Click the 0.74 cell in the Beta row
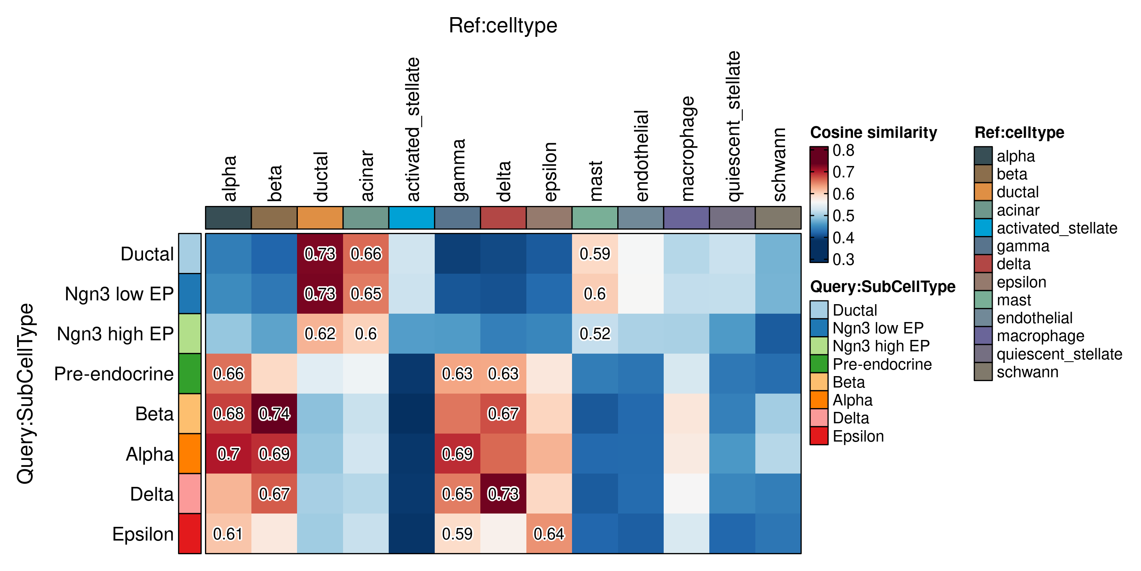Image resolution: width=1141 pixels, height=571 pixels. point(274,414)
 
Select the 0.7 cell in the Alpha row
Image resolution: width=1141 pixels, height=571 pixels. point(229,453)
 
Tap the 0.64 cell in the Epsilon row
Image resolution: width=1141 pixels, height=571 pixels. point(549,534)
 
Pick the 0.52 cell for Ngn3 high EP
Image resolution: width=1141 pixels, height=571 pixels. point(595,333)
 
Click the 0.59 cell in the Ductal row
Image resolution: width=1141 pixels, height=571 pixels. point(595,254)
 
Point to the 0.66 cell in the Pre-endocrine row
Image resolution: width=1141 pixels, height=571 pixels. point(229,374)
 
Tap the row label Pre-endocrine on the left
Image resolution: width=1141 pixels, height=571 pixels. point(114,374)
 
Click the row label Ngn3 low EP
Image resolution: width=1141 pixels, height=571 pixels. point(119,294)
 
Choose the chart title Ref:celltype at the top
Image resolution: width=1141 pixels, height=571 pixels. point(503,25)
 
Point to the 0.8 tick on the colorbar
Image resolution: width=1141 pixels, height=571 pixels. point(843,150)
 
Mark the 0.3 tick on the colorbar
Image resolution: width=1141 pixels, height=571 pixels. point(843,259)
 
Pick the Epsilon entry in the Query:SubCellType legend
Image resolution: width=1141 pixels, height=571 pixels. point(858,436)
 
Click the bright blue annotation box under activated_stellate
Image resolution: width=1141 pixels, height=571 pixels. point(412,218)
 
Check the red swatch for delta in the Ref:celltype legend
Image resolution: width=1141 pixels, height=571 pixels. point(983,264)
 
